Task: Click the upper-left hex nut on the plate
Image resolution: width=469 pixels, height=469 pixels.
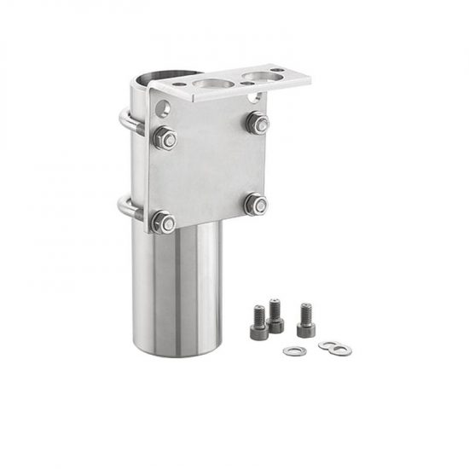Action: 165,137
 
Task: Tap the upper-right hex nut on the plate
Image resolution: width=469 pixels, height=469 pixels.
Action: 257,122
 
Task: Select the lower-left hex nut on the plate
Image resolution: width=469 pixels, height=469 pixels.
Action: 163,223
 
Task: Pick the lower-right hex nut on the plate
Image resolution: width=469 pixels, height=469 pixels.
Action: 255,204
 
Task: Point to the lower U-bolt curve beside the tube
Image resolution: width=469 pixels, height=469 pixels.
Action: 124,207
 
